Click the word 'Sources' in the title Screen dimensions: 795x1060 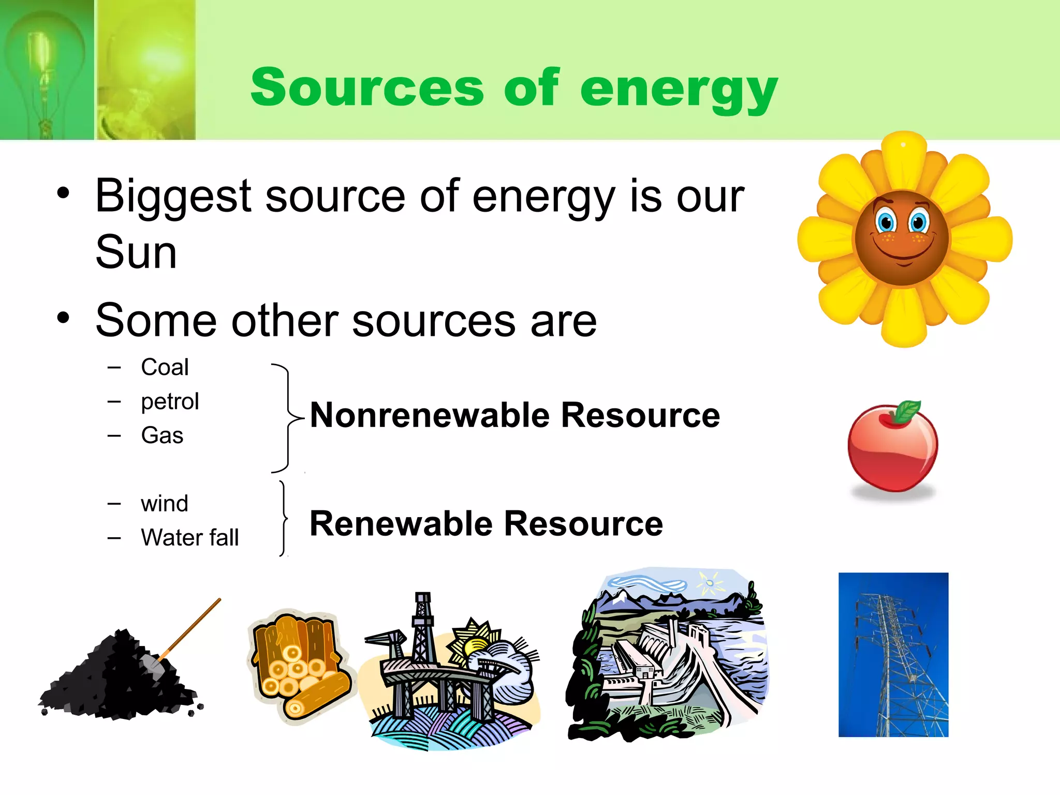click(x=367, y=88)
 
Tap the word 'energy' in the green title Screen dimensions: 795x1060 click(x=679, y=89)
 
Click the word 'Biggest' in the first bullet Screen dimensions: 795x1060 click(x=174, y=197)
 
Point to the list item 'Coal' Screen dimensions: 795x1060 click(x=165, y=367)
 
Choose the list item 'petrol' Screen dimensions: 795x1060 click(x=170, y=402)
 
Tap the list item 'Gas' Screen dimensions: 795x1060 click(x=162, y=435)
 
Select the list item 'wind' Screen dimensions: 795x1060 click(x=164, y=504)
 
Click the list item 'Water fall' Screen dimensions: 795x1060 click(x=189, y=537)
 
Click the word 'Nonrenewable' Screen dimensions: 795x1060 click(x=430, y=415)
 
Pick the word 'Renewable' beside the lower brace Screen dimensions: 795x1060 click(x=401, y=524)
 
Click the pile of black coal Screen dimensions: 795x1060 click(x=119, y=678)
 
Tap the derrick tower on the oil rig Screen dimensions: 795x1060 click(x=422, y=626)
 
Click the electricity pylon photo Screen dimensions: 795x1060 click(x=893, y=655)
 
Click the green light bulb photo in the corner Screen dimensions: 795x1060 click(x=47, y=70)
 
